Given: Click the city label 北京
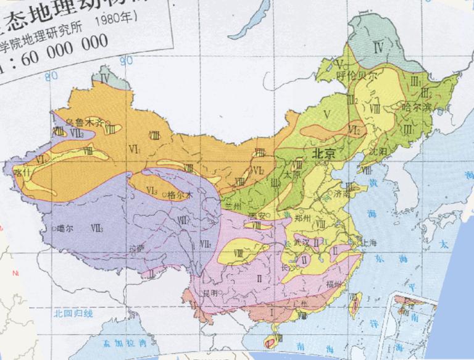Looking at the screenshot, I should (323, 154).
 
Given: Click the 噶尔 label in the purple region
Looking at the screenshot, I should (65, 228).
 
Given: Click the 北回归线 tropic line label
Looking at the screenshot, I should (73, 313).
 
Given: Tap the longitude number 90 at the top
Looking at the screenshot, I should (127, 61).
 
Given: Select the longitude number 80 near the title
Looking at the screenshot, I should (51, 75).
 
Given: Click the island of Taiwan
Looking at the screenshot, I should (355, 304).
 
